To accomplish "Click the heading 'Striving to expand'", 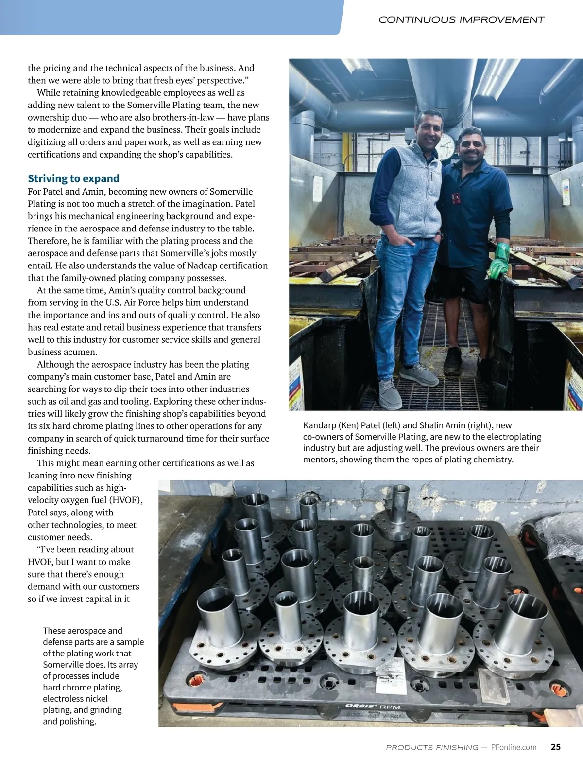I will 73,178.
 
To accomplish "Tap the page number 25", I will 556,747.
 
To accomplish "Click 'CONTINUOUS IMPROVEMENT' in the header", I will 461,20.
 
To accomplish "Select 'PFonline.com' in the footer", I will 514,747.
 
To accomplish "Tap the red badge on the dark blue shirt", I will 456,198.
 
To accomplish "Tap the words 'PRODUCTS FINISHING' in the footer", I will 432,747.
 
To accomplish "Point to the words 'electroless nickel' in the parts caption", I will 75,699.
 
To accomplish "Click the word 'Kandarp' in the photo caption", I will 319,425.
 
